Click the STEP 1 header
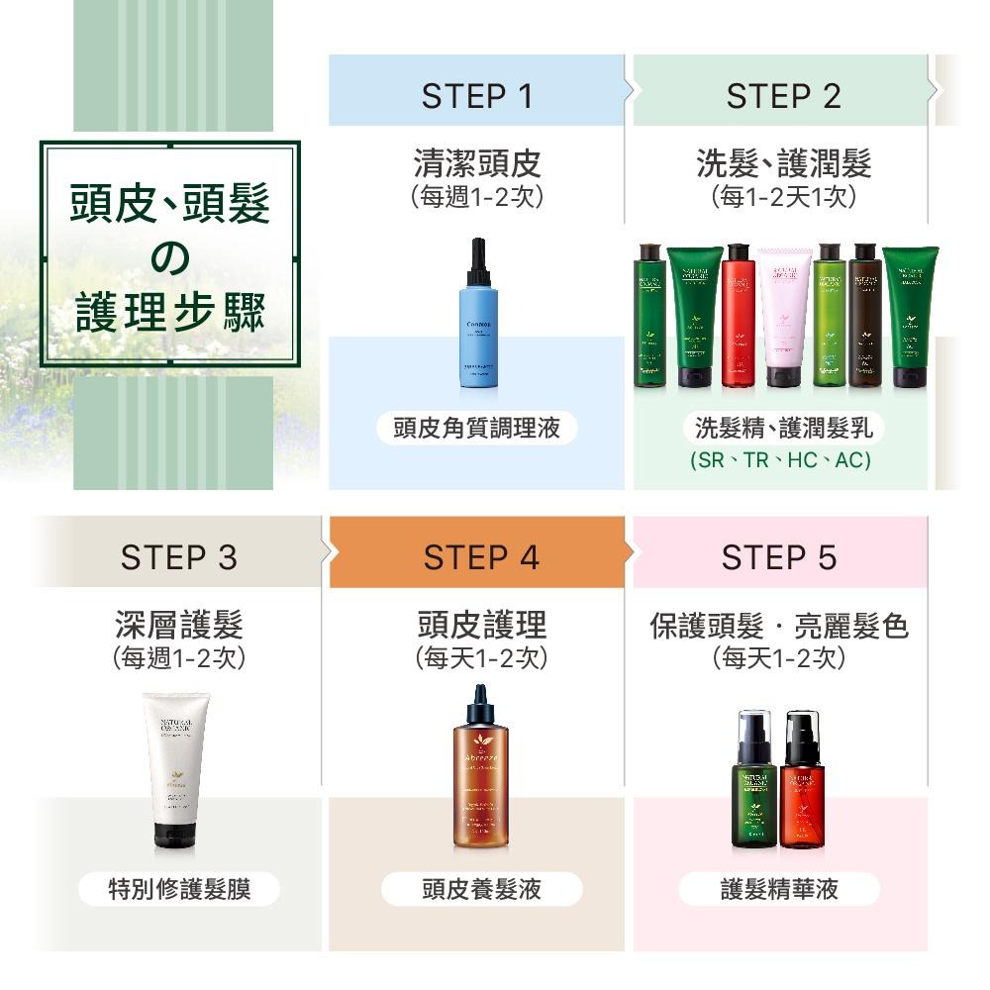(x=476, y=96)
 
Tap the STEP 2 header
(x=782, y=96)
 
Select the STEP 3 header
(x=178, y=557)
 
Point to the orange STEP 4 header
(x=481, y=557)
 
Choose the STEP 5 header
(x=779, y=557)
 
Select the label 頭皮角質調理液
(x=476, y=428)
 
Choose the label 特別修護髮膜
(x=179, y=889)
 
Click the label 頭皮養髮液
(x=481, y=889)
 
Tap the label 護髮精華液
(x=779, y=889)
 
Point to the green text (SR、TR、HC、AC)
(x=780, y=460)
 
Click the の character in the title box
(x=169, y=257)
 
